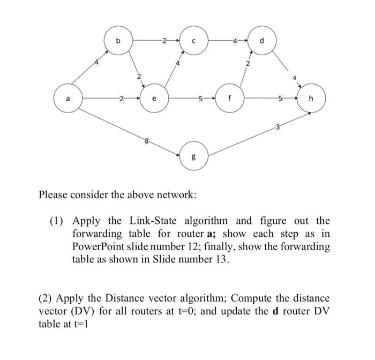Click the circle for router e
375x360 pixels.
point(155,99)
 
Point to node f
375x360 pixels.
point(229,99)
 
